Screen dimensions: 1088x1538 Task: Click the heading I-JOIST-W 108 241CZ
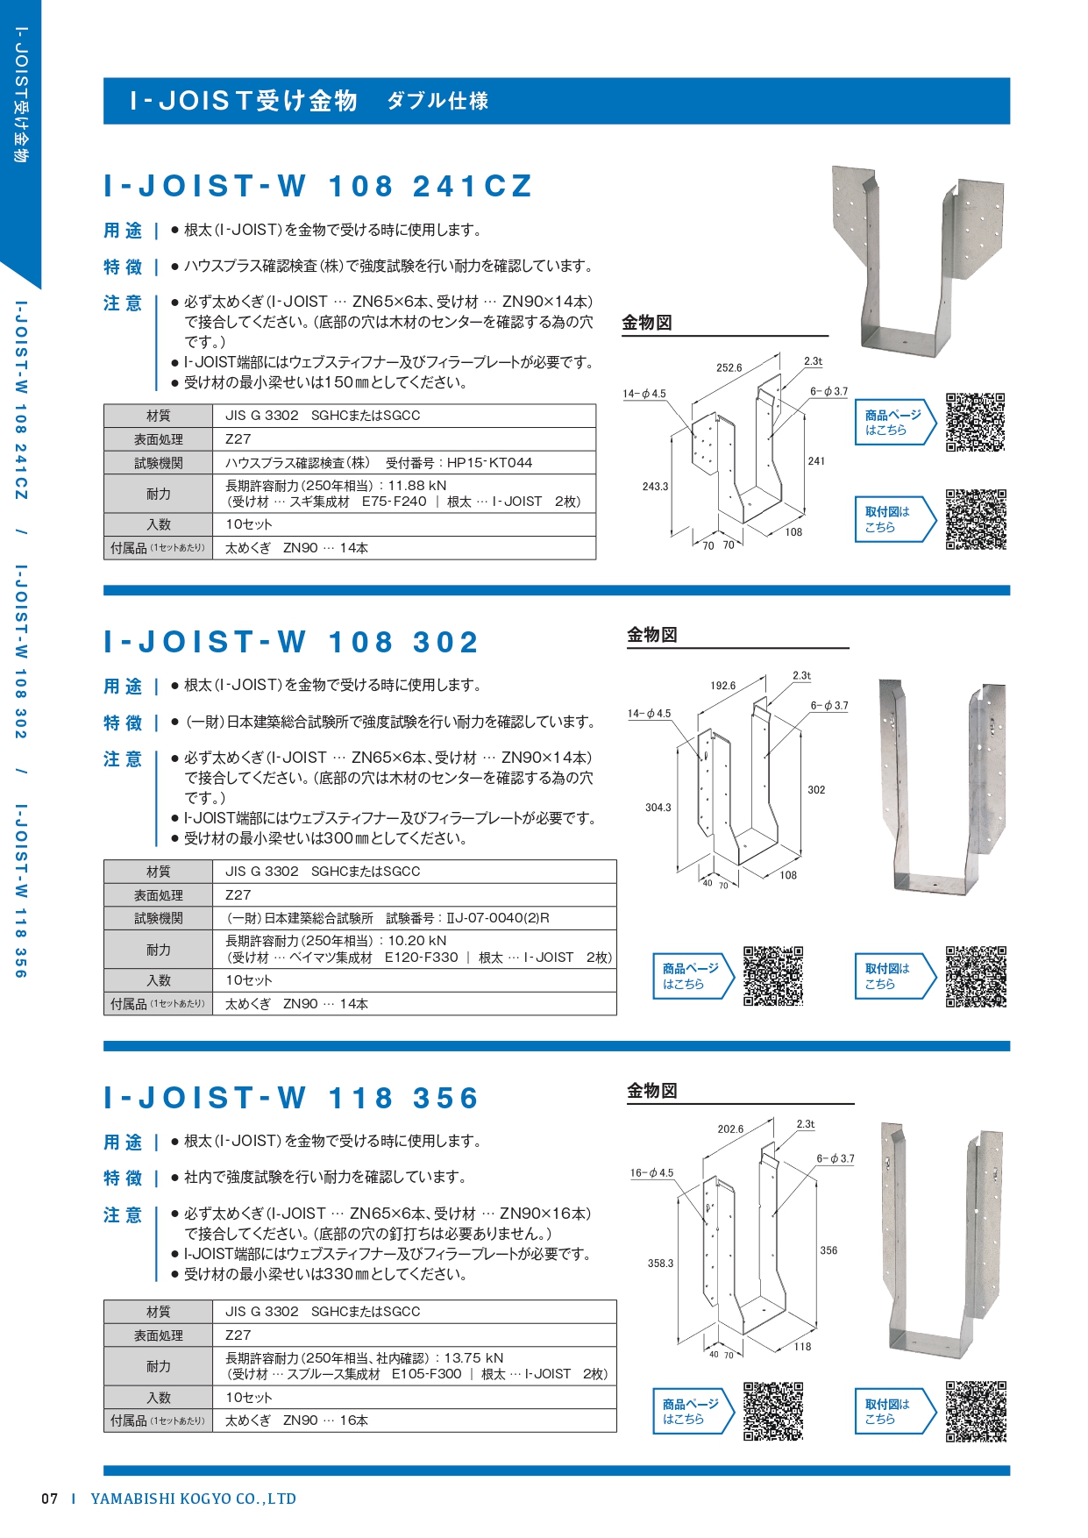point(317,186)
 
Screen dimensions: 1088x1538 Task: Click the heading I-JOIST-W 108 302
point(291,642)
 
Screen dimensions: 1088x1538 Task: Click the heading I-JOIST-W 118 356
point(291,1098)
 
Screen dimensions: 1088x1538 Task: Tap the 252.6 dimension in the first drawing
point(729,368)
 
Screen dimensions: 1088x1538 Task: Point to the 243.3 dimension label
point(655,487)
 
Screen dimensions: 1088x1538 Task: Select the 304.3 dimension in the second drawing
point(658,808)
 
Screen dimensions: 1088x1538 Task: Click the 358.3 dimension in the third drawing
point(660,1264)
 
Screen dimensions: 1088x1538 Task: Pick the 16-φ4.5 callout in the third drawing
point(651,1173)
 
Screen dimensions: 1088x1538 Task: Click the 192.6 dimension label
point(722,686)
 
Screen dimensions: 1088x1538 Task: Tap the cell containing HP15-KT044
point(404,463)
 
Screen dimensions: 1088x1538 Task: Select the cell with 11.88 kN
point(404,494)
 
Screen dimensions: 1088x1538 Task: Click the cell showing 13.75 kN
point(415,1366)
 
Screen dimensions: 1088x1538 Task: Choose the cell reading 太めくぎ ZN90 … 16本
point(415,1421)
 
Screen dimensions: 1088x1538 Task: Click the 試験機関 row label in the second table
point(159,918)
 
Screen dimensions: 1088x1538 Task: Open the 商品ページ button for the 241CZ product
point(894,423)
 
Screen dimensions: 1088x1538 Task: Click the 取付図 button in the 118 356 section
point(894,1412)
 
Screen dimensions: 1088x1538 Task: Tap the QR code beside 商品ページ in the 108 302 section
point(773,976)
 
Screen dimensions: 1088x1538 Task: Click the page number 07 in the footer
point(50,1499)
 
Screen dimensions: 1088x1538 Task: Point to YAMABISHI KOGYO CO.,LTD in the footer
point(194,1499)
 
